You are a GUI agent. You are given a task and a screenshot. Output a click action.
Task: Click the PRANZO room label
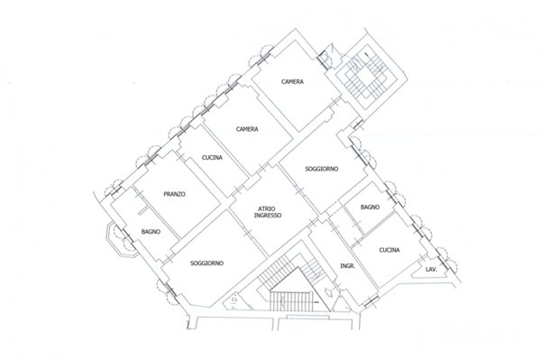174,194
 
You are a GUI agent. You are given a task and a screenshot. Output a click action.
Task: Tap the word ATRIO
267,208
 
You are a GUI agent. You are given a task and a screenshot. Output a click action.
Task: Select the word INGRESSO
268,215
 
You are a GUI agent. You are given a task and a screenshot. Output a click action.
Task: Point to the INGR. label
348,266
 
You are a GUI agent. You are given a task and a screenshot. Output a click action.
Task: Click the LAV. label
431,269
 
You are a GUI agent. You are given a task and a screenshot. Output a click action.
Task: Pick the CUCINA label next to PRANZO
212,158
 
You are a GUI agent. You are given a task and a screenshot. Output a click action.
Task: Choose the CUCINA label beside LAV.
390,250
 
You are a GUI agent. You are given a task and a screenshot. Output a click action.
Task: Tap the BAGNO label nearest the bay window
151,232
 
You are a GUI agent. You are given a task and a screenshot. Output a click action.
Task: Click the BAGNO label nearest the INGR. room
371,208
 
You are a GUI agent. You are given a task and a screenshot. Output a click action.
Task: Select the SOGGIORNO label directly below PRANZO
207,263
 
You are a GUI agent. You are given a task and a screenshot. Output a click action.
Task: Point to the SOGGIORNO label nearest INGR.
322,169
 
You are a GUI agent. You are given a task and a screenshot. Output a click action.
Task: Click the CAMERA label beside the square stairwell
292,82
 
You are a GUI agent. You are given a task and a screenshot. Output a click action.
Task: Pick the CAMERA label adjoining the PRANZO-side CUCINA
247,129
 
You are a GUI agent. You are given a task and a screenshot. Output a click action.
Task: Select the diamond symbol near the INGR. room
329,292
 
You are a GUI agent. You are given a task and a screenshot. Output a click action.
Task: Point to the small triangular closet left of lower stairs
237,300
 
